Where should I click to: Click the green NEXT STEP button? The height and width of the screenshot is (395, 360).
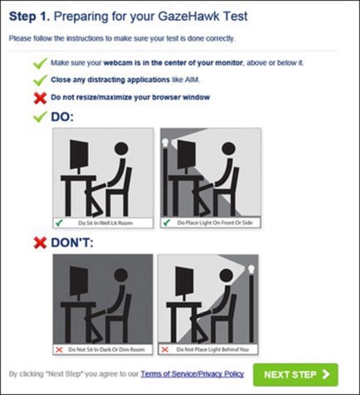tap(295, 374)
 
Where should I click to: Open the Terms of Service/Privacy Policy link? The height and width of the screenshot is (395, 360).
tap(192, 374)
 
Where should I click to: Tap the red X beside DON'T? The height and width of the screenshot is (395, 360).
tap(40, 242)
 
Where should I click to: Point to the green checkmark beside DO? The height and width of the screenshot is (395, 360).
tap(40, 116)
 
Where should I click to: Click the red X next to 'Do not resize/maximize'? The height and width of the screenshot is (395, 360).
tap(40, 98)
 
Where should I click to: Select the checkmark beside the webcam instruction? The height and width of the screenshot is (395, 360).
tap(40, 63)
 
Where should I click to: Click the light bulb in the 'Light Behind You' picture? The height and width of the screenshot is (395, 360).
tap(251, 269)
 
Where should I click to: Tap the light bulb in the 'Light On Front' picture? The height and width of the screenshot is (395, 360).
tap(165, 143)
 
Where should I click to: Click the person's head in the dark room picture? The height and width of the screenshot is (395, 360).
tap(121, 276)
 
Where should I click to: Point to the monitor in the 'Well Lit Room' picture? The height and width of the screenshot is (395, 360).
tap(79, 154)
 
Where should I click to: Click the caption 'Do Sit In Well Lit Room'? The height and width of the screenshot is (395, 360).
tap(105, 223)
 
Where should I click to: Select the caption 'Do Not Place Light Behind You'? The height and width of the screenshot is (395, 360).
tap(212, 349)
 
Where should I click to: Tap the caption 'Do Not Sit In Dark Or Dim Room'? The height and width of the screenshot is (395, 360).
tap(106, 349)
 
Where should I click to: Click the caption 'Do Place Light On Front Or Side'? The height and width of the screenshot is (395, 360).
tap(215, 222)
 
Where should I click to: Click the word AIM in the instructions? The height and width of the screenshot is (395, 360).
tap(192, 80)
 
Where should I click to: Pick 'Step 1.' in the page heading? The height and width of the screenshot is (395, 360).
tap(29, 17)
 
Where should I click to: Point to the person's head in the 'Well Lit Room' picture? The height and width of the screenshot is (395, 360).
tap(121, 149)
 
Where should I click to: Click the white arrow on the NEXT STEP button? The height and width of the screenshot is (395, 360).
tap(326, 374)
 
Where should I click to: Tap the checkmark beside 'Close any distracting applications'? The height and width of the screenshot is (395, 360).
tap(40, 80)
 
